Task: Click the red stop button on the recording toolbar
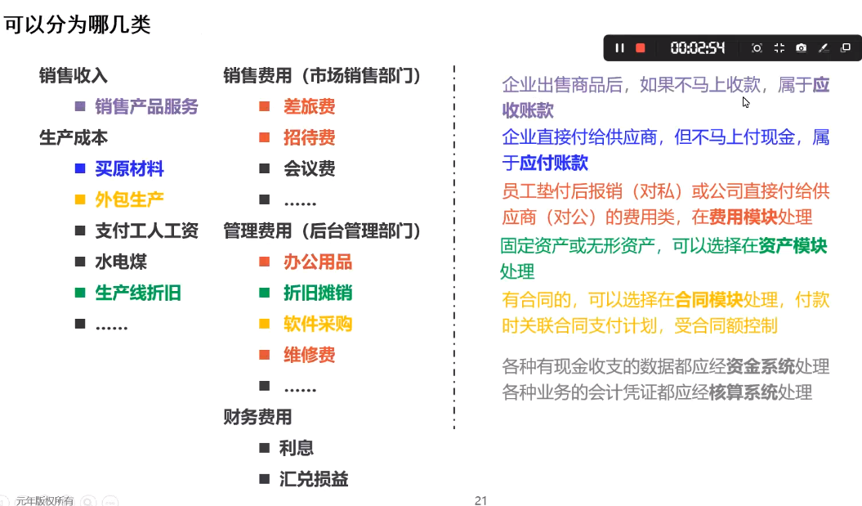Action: coord(640,48)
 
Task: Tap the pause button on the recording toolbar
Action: coord(619,48)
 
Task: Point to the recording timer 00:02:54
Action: coord(697,48)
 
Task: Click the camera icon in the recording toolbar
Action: coord(801,48)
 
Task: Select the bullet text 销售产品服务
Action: coord(146,106)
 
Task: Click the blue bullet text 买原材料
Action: coord(129,168)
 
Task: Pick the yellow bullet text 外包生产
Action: coord(129,199)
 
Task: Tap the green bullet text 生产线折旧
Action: coord(138,293)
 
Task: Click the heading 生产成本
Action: coord(73,137)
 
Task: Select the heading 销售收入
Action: coord(73,75)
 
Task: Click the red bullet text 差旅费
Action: coord(310,106)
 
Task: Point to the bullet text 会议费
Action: coord(310,168)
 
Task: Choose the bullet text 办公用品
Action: coord(318,262)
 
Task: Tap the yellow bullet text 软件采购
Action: coord(318,324)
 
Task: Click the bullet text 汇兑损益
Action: coord(314,479)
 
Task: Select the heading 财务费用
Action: coord(257,417)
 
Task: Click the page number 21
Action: coord(481,500)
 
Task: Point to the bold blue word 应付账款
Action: coord(554,162)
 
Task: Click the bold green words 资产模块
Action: coord(793,245)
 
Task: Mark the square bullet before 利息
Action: coord(265,448)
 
